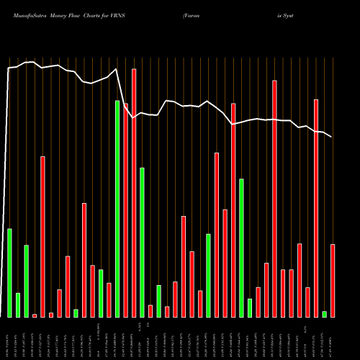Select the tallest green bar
pos(117,209)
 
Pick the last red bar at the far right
pos(333,280)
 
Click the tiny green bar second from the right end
pos(325,314)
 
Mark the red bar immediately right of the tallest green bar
pos(125,210)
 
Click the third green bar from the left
pos(26,281)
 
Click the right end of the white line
pos(332,137)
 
